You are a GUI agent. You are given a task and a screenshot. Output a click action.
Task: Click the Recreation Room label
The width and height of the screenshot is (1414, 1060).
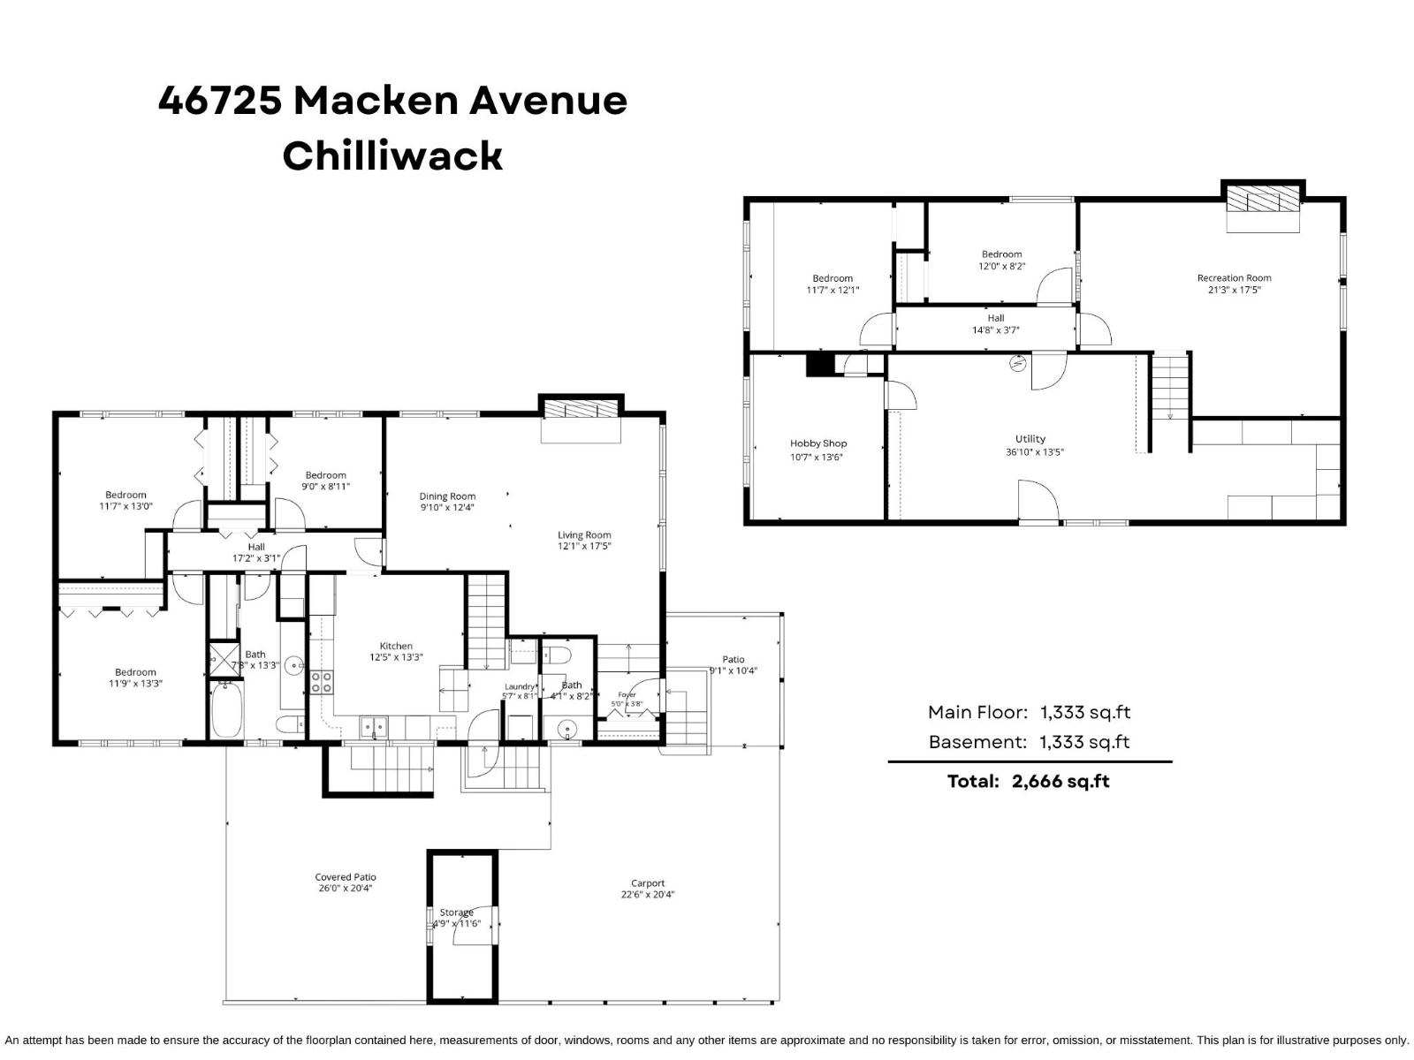tap(1234, 278)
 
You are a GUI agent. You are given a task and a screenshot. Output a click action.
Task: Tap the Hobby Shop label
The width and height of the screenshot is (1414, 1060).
tap(818, 443)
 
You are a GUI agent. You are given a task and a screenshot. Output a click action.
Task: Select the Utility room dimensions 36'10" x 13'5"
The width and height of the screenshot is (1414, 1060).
tap(1035, 452)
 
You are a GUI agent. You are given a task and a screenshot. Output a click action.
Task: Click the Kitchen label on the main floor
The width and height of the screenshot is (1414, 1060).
tap(396, 647)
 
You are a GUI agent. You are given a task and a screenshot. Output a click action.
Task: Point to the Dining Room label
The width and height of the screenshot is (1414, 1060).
tap(447, 496)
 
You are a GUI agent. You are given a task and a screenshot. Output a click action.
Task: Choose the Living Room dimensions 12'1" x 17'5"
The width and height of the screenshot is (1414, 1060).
tap(583, 547)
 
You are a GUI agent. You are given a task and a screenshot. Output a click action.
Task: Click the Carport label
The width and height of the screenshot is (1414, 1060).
tap(648, 883)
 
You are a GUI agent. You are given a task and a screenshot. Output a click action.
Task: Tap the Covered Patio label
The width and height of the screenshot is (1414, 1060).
tap(346, 877)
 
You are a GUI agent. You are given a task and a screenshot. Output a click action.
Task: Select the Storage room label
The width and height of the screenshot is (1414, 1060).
tap(456, 912)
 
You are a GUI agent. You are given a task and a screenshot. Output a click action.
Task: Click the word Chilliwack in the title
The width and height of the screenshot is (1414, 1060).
tap(392, 155)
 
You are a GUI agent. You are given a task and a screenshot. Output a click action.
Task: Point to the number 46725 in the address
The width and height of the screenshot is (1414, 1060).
tap(220, 101)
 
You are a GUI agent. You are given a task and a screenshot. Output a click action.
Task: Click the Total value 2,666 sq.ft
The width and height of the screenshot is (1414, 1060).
tap(1060, 782)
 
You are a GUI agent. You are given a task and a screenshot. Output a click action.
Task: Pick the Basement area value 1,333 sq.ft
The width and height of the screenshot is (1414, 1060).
tap(1084, 742)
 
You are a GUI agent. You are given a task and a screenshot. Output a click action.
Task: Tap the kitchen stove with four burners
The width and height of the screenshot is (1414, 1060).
tap(322, 682)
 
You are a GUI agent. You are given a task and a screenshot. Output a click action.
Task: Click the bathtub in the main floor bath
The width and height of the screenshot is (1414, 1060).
tap(226, 709)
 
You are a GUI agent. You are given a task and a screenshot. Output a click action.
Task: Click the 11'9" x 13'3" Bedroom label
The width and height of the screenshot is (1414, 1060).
tap(135, 678)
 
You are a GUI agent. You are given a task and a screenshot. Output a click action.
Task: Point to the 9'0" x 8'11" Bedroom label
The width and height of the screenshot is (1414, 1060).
tap(325, 481)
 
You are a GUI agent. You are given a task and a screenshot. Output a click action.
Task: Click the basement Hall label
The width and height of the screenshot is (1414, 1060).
tap(995, 318)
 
